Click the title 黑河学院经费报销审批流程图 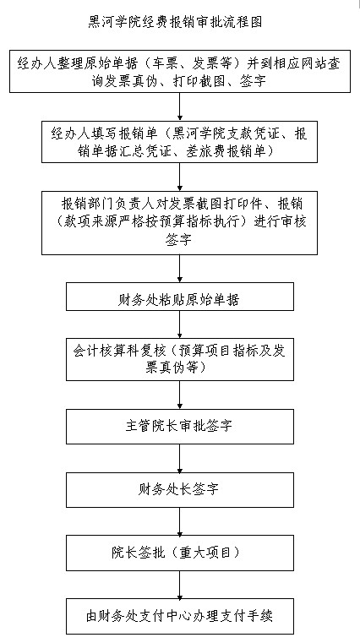tap(175, 21)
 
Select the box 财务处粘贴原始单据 tap(180, 297)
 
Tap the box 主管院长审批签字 tap(180, 427)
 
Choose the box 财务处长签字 tap(180, 489)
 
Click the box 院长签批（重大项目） tap(180, 553)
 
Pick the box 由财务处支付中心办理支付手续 tap(180, 616)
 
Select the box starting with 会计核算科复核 tap(180, 359)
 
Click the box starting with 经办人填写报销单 tap(180, 141)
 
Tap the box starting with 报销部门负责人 tap(180, 223)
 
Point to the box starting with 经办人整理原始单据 tap(180, 71)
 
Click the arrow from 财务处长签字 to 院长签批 tap(180, 521)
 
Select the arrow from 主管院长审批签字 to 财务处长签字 tap(180, 459)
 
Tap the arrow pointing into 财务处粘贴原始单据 tap(180, 269)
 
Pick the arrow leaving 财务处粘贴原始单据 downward tap(180, 324)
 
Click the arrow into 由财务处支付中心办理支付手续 tap(180, 585)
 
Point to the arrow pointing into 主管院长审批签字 tap(180, 395)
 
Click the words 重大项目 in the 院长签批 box tap(210, 553)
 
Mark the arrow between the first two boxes tap(180, 106)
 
